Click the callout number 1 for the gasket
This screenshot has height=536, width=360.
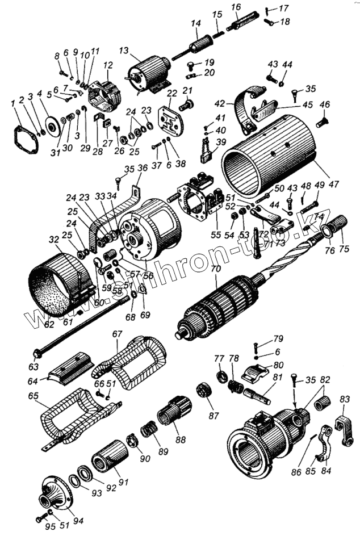(x=13, y=103)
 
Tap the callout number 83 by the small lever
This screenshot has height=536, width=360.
(x=345, y=400)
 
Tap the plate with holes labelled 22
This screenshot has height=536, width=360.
(x=172, y=122)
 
